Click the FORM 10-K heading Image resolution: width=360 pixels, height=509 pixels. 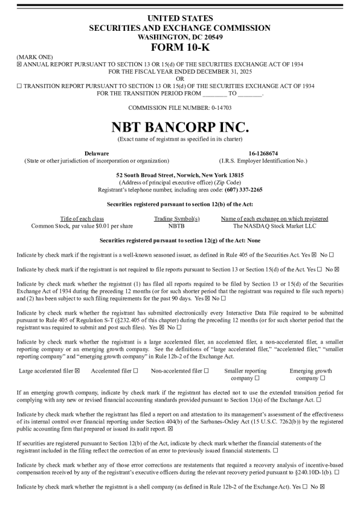180,47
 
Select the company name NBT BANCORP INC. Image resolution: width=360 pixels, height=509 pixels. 180,127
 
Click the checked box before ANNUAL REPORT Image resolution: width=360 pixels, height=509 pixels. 19,64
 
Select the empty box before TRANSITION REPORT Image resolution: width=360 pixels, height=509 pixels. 19,86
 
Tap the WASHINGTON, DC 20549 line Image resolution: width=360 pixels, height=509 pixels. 180,37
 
